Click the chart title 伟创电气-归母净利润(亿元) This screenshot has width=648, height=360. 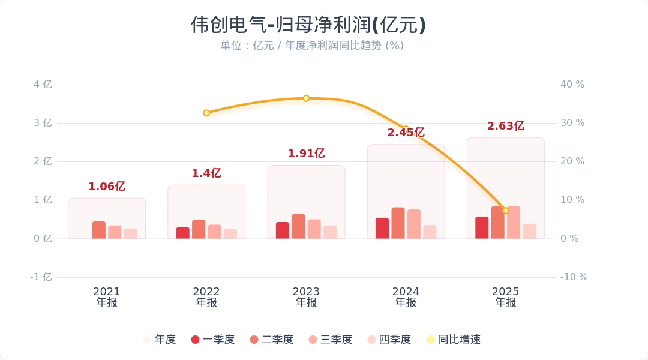tap(308, 25)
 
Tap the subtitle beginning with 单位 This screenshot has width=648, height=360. tap(311, 46)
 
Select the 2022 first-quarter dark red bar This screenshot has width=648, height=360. tap(182, 233)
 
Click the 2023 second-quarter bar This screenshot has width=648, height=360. tap(298, 226)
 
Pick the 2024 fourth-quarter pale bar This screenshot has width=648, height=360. tap(430, 232)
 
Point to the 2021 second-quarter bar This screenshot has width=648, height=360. tap(99, 230)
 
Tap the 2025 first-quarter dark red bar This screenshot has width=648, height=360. tap(482, 227)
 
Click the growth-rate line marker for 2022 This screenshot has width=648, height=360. tap(206, 113)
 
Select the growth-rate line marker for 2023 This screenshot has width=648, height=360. tap(306, 98)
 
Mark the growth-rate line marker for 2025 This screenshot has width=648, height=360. tap(505, 211)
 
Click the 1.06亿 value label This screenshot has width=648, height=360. tap(107, 187)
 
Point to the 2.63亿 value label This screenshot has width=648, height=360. tap(505, 126)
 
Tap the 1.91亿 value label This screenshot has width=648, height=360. tap(306, 154)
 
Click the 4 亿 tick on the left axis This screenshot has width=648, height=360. tap(43, 85)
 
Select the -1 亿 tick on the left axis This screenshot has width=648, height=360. tap(41, 277)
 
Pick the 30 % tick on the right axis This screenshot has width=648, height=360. tap(572, 123)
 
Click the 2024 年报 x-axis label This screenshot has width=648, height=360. tap(406, 297)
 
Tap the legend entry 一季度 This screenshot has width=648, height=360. tap(213, 340)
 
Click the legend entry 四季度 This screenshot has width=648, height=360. tap(389, 340)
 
